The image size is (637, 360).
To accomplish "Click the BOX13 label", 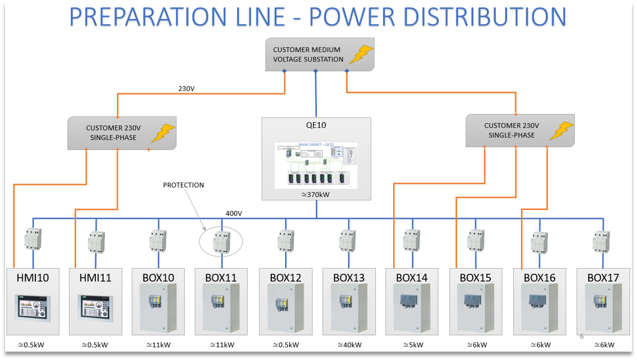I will (x=348, y=278).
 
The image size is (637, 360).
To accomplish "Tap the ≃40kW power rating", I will (x=349, y=345).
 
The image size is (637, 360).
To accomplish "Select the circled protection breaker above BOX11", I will (x=221, y=242).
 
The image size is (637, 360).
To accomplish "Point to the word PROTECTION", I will (x=183, y=185).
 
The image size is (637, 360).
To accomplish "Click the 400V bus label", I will (x=234, y=213).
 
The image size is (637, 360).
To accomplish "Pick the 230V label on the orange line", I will (x=187, y=88).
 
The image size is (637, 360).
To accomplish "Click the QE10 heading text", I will (x=317, y=126).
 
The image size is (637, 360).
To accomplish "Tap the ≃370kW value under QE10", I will (x=317, y=194).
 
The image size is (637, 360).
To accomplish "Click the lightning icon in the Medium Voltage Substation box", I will (x=360, y=55).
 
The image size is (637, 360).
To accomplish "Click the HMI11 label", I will (x=95, y=278).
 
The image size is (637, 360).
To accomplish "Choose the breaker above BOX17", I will (x=602, y=242).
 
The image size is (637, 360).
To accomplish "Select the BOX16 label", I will (x=540, y=278).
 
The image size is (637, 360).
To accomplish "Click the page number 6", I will (x=582, y=336).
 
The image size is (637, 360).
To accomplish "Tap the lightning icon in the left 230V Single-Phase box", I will (x=163, y=133).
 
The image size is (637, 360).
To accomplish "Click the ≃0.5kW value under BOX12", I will (x=285, y=345).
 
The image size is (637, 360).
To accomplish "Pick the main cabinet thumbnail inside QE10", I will (x=316, y=165).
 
